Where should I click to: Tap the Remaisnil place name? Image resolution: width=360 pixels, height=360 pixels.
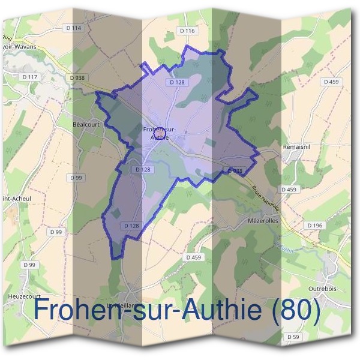pyautogui.click(x=298, y=146)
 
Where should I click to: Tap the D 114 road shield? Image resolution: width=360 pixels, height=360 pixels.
pyautogui.click(x=74, y=28)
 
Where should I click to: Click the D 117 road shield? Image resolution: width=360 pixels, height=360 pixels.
pyautogui.click(x=30, y=77)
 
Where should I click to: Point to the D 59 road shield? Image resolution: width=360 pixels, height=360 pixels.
pyautogui.click(x=293, y=338)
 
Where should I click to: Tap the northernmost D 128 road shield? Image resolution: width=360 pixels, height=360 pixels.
pyautogui.click(x=176, y=82)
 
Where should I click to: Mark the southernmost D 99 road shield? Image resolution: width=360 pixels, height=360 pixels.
pyautogui.click(x=29, y=265)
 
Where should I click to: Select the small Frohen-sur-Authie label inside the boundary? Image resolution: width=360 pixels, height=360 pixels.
pyautogui.click(x=160, y=133)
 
